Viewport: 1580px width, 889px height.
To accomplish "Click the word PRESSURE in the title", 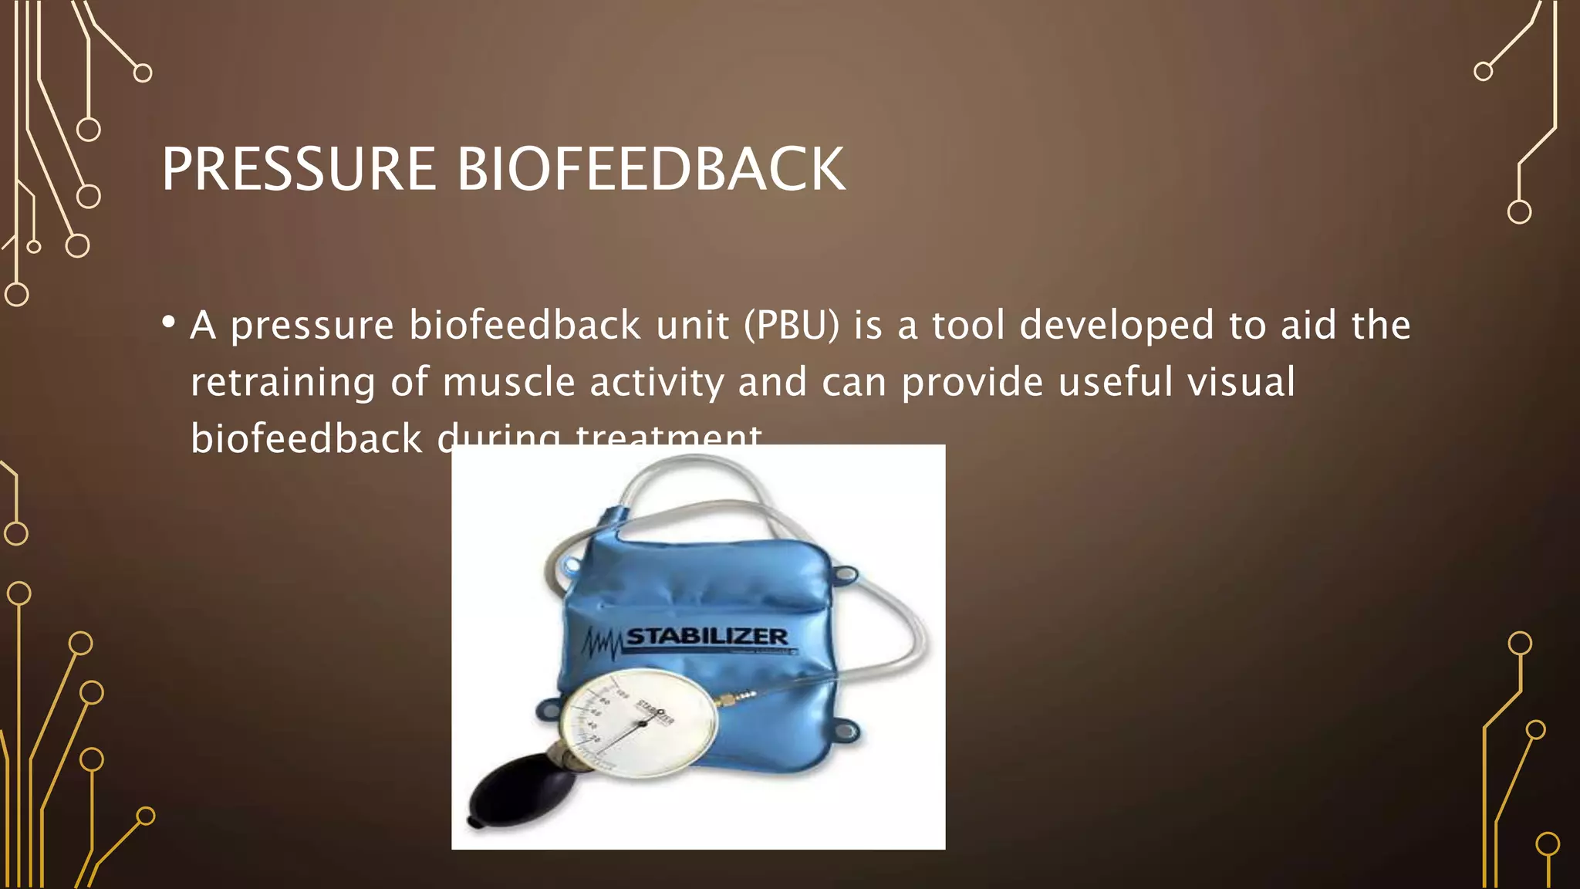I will tap(299, 169).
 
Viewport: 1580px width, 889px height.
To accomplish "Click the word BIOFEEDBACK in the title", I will tap(651, 169).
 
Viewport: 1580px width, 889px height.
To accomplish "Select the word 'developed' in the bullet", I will tap(1116, 325).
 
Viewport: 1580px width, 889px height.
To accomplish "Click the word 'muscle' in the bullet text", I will tap(508, 382).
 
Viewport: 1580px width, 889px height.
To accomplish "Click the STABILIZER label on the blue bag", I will tap(707, 637).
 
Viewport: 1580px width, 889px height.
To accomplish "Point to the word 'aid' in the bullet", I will tap(1308, 325).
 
